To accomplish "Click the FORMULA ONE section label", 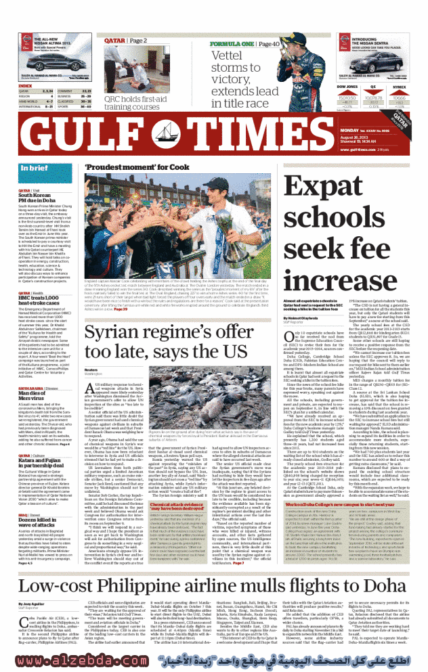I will click(x=233, y=44).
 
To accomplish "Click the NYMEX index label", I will click(x=399, y=87).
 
